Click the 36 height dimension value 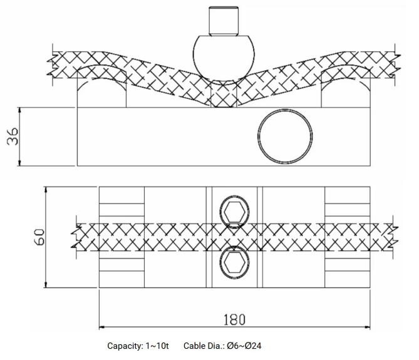click(x=13, y=136)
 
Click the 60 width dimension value click(x=39, y=237)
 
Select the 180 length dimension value click(x=234, y=319)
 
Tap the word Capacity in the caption click(x=125, y=346)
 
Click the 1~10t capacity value click(x=157, y=346)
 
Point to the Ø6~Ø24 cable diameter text click(x=244, y=346)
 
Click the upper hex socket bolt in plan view click(x=234, y=212)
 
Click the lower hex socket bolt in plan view click(x=234, y=262)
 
